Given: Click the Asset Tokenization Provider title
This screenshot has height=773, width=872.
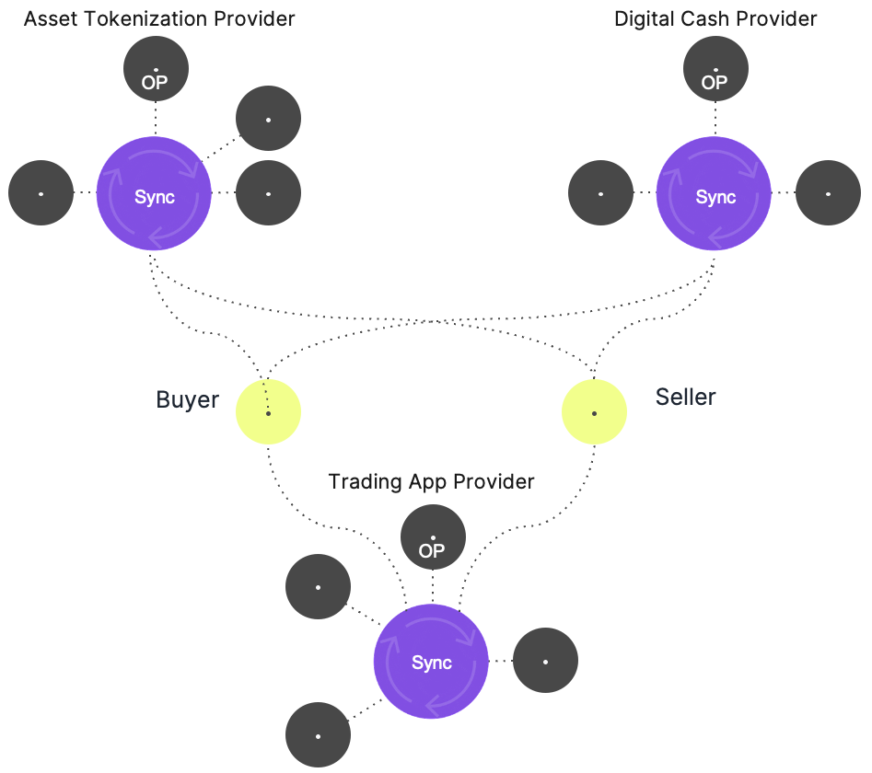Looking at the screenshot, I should coord(159,18).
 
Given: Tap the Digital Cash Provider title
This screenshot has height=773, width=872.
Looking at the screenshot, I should coord(715,18).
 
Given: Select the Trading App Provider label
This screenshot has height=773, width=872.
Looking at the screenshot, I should coord(431,481).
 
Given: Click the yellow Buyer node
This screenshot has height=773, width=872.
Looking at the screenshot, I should coord(268,413).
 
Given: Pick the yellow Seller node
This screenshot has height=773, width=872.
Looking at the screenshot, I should coord(594,413).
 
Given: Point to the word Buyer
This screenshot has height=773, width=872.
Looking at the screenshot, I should coord(188,399).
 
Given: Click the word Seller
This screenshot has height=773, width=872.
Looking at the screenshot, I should coord(685,397).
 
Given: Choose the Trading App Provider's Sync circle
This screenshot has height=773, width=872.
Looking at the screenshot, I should coord(431,662).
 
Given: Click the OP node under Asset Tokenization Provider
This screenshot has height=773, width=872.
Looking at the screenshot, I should coord(156,71).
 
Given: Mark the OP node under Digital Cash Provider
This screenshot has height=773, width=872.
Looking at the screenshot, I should coord(715,71).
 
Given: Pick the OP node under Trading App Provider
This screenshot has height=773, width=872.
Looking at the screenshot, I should coord(433,538).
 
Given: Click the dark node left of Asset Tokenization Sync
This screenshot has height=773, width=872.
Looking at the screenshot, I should coord(41,194).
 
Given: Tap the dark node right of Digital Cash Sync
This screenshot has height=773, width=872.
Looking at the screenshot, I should coord(828,194).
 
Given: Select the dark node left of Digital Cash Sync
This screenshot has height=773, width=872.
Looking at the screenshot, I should coord(600,194).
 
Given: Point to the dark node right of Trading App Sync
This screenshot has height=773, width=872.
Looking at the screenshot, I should coord(545,662).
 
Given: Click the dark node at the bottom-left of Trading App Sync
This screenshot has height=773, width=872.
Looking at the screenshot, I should coord(318,735).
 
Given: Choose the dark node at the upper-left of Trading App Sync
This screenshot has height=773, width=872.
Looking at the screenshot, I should coord(318,587).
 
